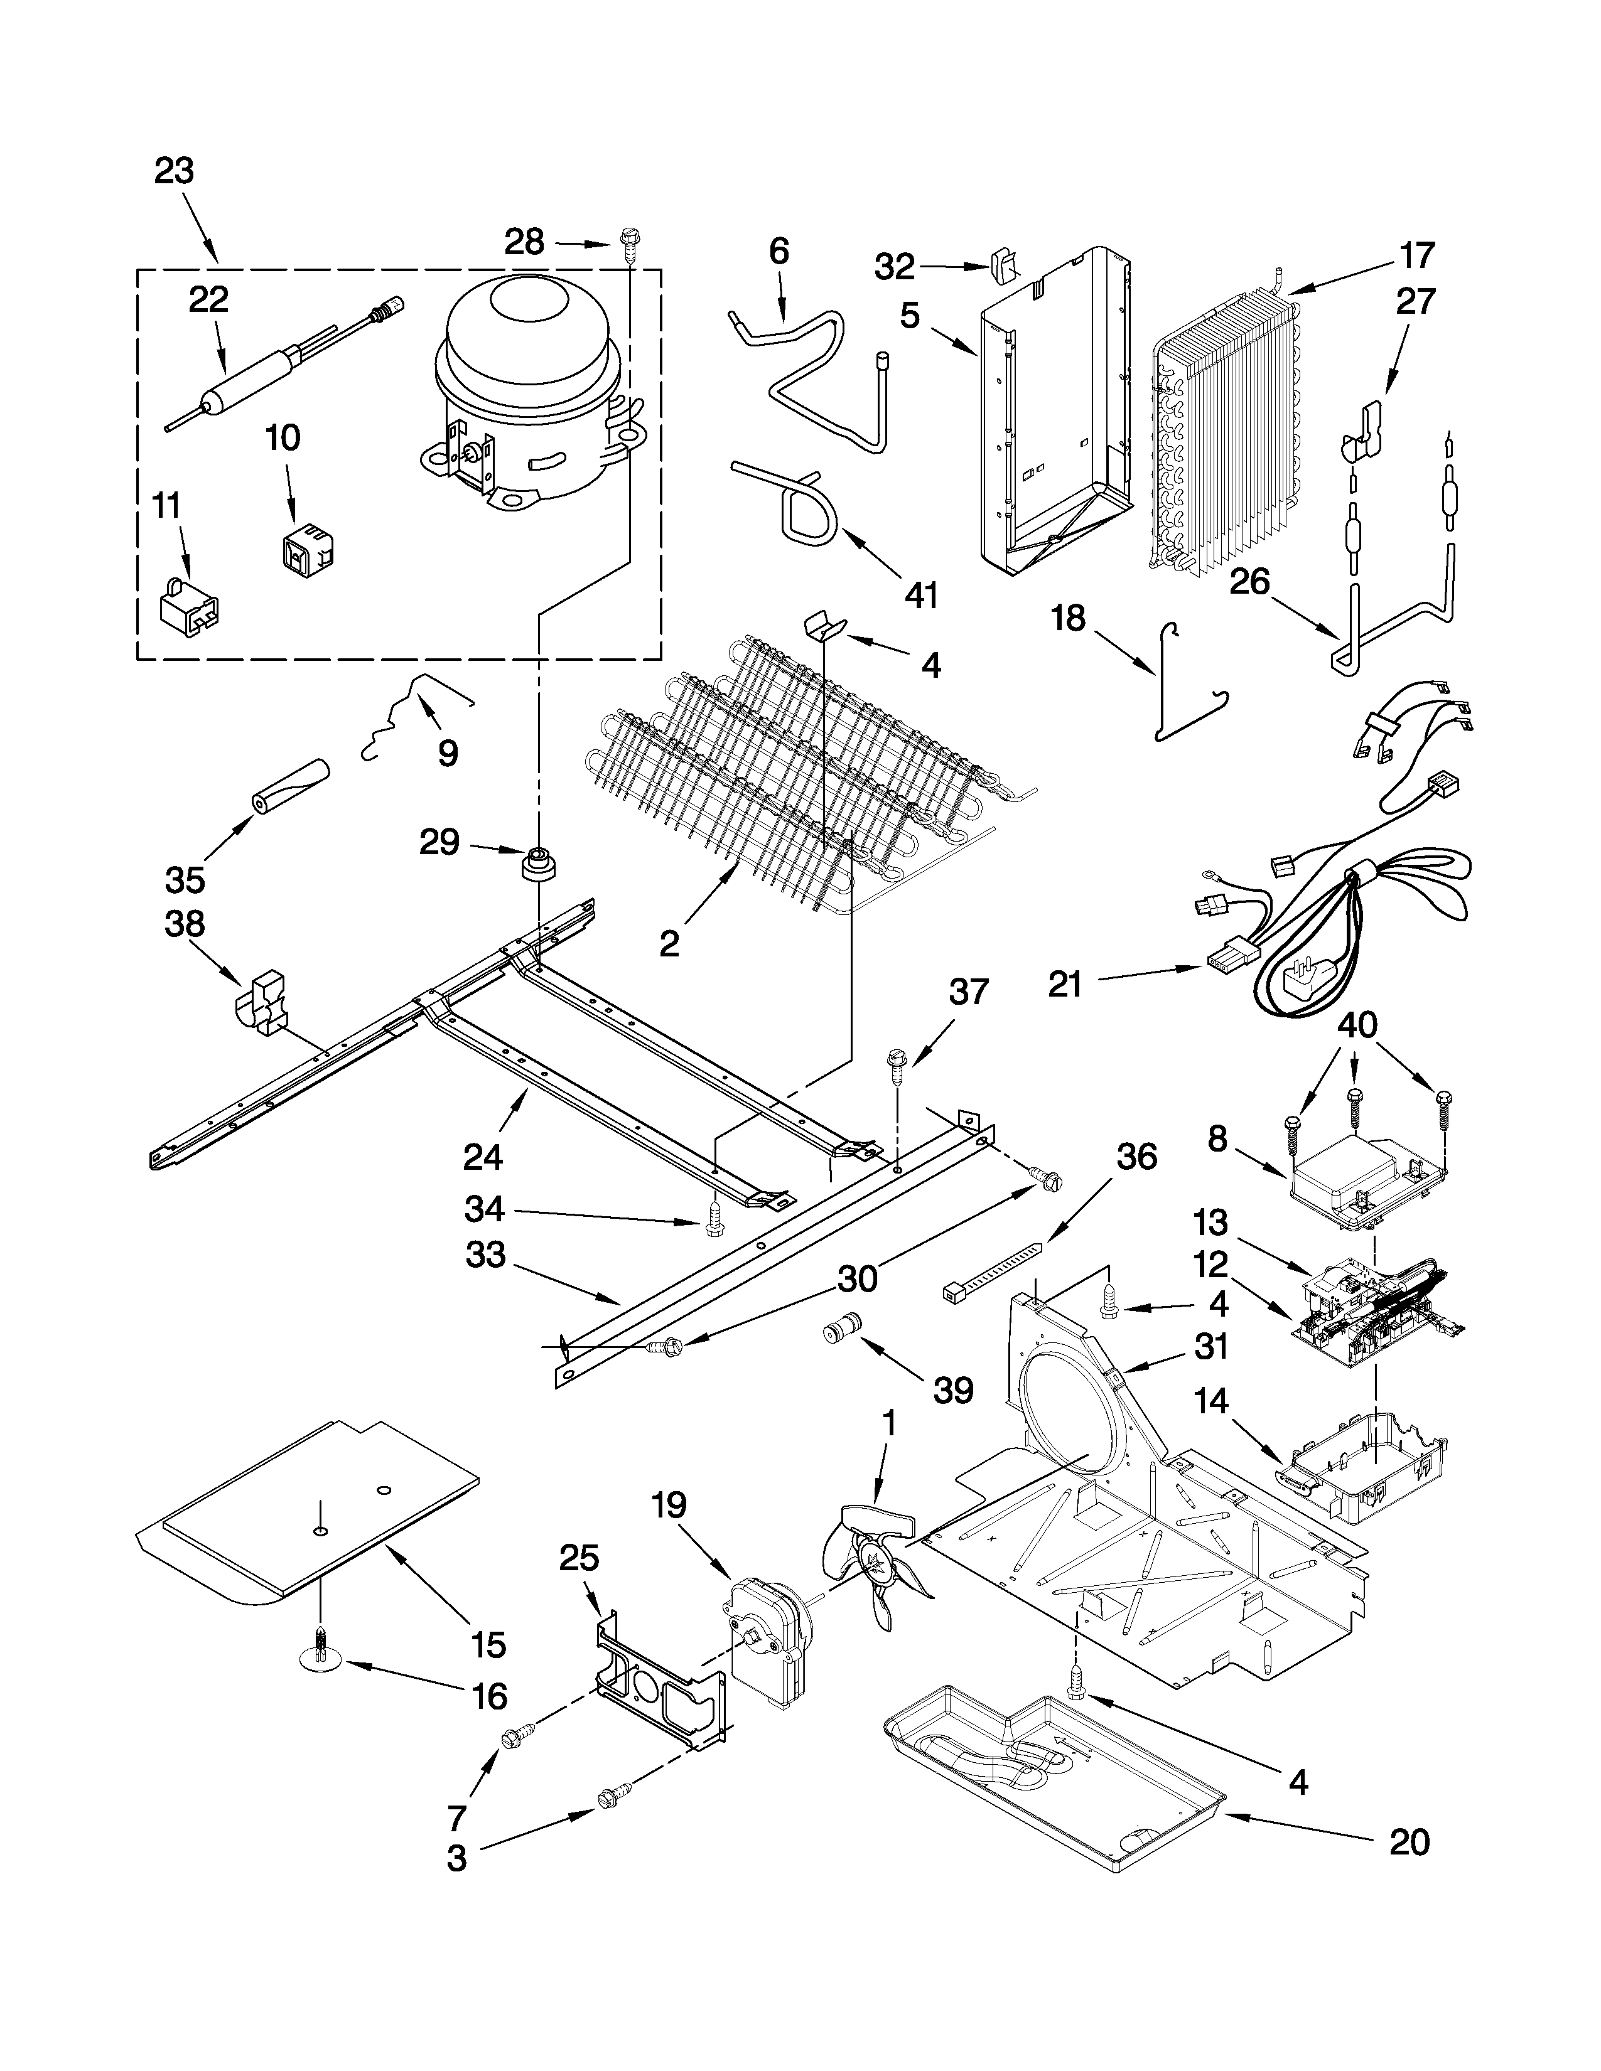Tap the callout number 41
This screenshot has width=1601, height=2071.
[x=921, y=596]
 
